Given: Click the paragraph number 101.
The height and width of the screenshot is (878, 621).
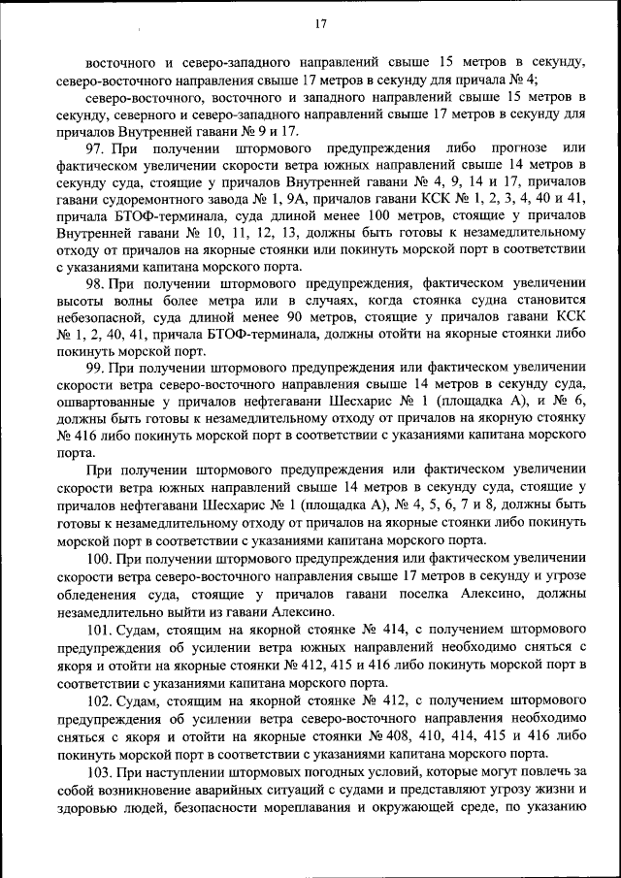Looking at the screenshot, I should pos(98,632).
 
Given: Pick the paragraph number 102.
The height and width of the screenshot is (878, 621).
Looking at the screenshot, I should pos(98,699).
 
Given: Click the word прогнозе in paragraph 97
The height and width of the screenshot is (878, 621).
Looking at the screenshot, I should pos(507,148).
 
